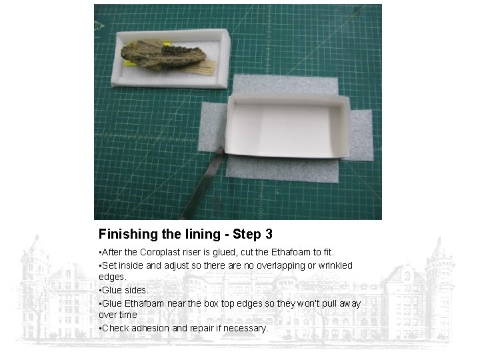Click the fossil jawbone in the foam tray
click(x=162, y=56)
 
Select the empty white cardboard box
click(x=287, y=126)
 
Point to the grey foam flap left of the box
click(x=212, y=127)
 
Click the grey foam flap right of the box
click(x=361, y=135)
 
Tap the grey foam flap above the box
click(x=285, y=85)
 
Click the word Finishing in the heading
click(x=129, y=234)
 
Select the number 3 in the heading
click(x=269, y=234)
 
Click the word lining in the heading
click(x=203, y=235)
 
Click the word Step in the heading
click(x=246, y=235)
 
